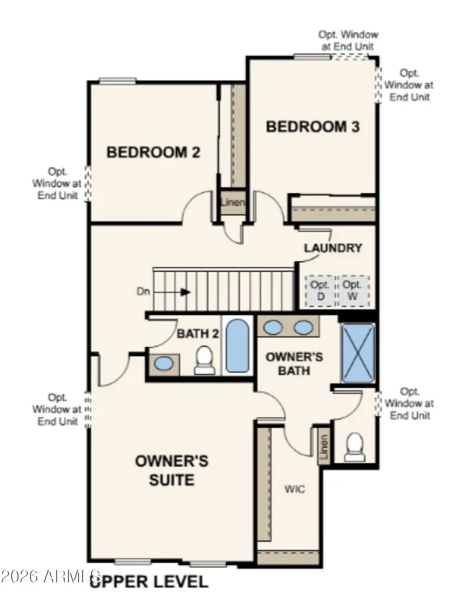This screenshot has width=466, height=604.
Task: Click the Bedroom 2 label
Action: coord(153,152)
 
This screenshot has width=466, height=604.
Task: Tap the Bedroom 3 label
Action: coord(313,127)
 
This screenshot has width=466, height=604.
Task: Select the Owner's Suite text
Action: coord(171,470)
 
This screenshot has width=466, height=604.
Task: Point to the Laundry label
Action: coord(333,248)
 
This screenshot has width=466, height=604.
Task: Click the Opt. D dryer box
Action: coord(321,291)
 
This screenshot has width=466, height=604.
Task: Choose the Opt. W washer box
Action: coord(353,291)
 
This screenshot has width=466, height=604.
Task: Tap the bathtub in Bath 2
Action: coord(237,345)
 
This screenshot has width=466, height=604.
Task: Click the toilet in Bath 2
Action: coord(205,360)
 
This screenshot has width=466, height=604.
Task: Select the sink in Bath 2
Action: coord(164,363)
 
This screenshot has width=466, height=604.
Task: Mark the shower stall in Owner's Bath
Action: coord(358,353)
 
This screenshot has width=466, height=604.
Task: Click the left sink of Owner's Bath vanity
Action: coord(273,328)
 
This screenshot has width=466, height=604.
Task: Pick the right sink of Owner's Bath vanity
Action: coord(303,328)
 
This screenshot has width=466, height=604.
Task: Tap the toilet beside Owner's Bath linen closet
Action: coord(354,446)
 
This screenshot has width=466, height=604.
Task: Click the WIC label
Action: coord(295,489)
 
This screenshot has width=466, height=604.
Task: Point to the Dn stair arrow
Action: coord(172,292)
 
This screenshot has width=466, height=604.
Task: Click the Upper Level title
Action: coord(149,581)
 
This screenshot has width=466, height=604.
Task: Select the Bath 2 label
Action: coord(198,333)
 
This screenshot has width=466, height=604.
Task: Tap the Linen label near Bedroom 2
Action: coord(233,202)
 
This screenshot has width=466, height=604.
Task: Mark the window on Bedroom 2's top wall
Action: coord(118,81)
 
